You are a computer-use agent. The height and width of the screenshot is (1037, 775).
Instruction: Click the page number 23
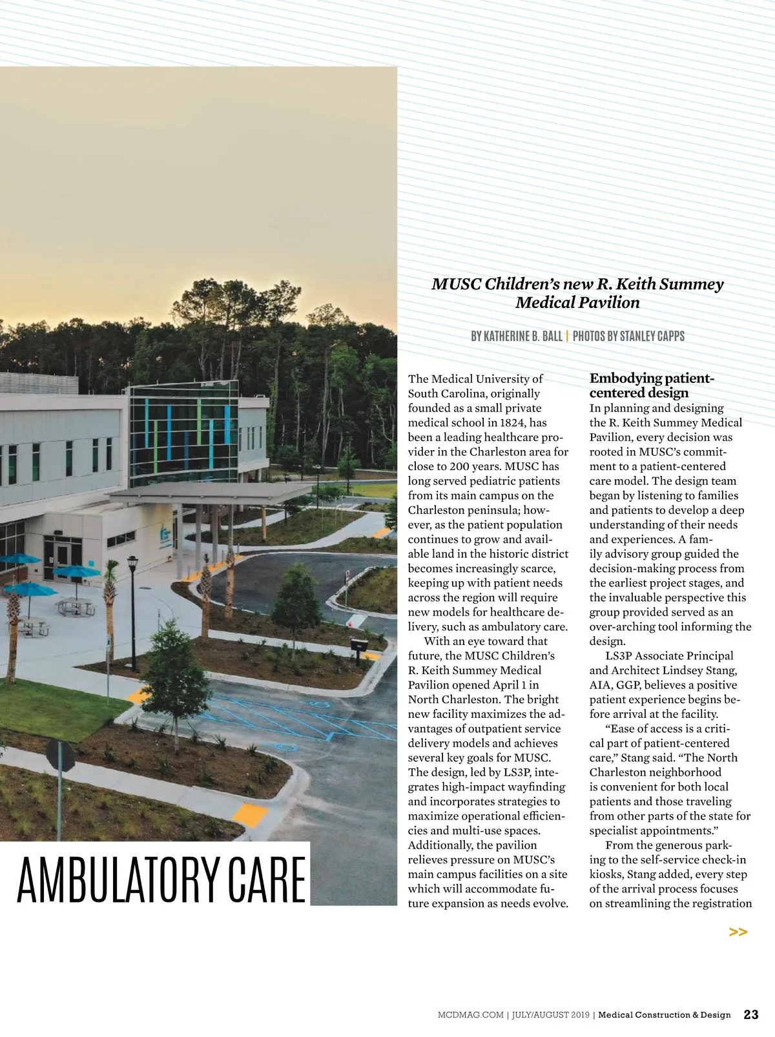751,1014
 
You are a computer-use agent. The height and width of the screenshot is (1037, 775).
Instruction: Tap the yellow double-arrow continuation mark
738,932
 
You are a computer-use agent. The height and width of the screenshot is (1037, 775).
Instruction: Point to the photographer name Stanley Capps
652,336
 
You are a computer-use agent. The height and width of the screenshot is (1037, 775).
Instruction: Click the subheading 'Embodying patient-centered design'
652,385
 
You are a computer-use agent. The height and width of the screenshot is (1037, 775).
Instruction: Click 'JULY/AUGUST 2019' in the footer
550,1015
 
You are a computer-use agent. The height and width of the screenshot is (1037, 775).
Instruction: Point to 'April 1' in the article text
514,685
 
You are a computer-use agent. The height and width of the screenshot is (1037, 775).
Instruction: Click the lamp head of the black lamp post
132,562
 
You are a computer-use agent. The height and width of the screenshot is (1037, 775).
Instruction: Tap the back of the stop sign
60,756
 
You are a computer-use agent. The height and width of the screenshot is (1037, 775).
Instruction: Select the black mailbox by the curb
359,644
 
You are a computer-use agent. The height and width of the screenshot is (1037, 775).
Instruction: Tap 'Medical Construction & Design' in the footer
665,1015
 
